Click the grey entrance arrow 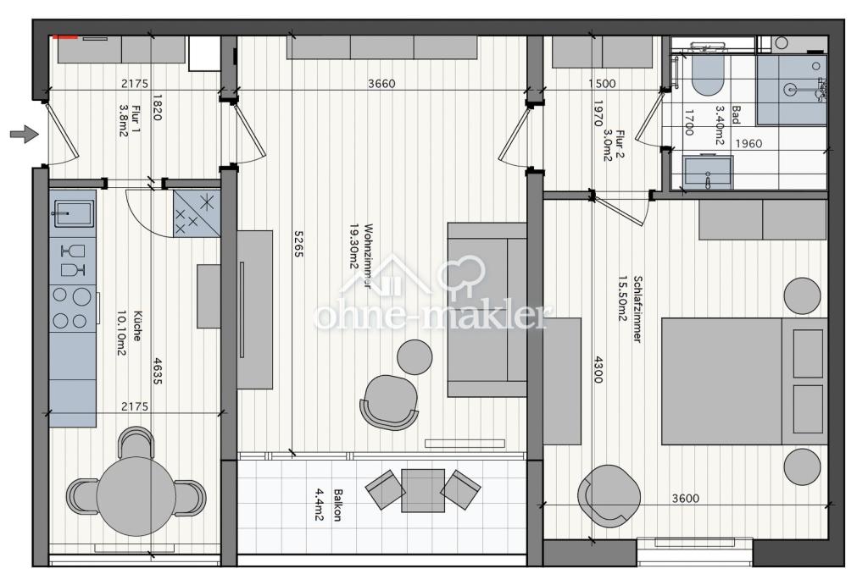pyautogui.click(x=25, y=134)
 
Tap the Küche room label pyautogui.click(x=136, y=325)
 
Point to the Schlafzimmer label pyautogui.click(x=637, y=310)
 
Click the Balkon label pyautogui.click(x=337, y=505)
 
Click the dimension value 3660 pyautogui.click(x=381, y=84)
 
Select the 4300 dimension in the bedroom pyautogui.click(x=598, y=369)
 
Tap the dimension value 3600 pyautogui.click(x=685, y=498)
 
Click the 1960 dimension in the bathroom pyautogui.click(x=748, y=143)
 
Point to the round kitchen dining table pyautogui.click(x=136, y=496)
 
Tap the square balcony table pyautogui.click(x=423, y=490)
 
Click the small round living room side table pyautogui.click(x=415, y=356)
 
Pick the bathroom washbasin pyautogui.click(x=708, y=173)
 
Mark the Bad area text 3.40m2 pyautogui.click(x=719, y=125)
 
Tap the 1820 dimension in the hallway pyautogui.click(x=157, y=108)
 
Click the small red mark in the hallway pyautogui.click(x=64, y=37)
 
